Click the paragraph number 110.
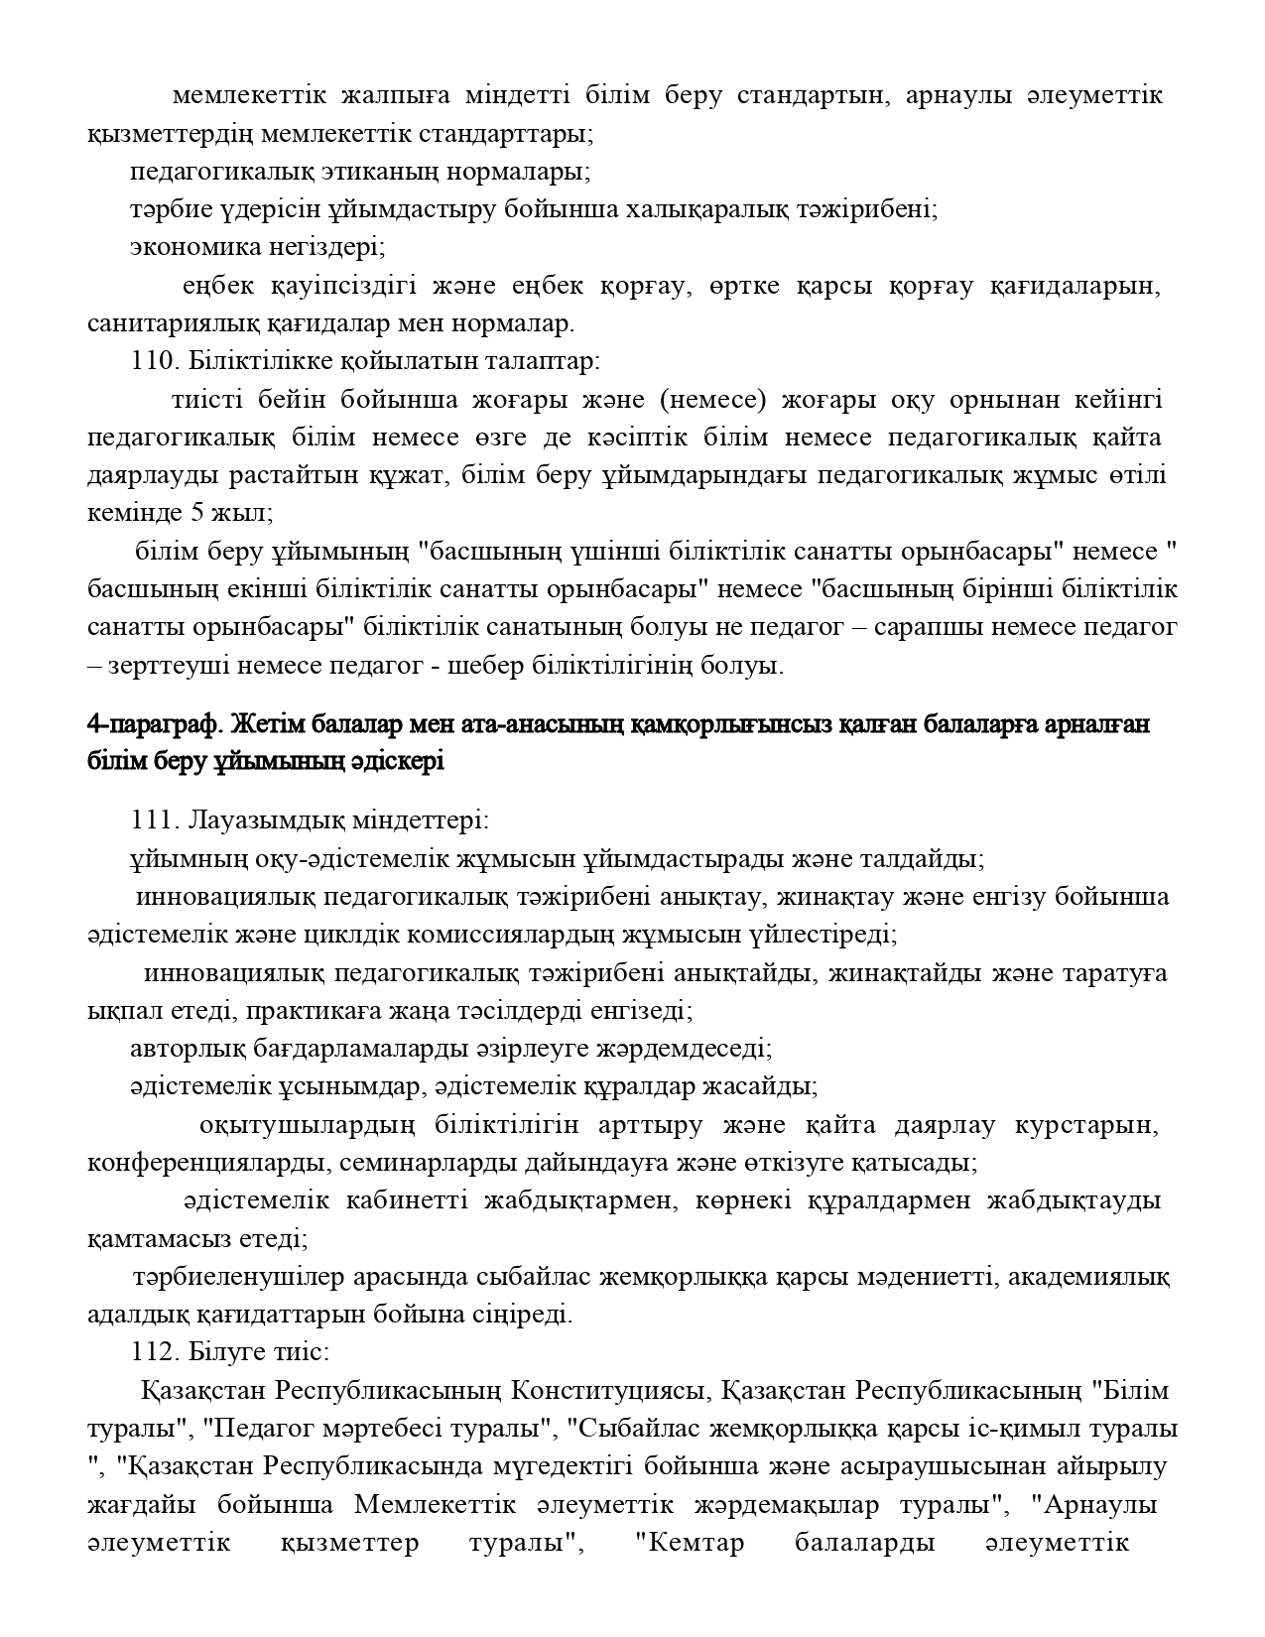tap(152, 361)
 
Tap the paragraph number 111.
tap(152, 821)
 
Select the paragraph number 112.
tap(152, 1353)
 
